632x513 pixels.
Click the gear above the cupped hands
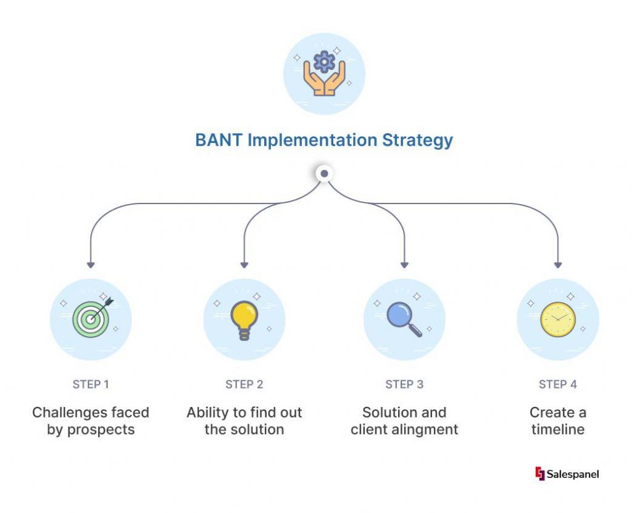tap(324, 62)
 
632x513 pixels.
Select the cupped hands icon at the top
tap(324, 82)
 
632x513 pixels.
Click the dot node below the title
tap(324, 174)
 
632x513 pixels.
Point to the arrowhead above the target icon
tap(91, 265)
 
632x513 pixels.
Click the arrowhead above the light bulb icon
tap(244, 265)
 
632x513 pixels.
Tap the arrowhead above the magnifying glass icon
tap(404, 265)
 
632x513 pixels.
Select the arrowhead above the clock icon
tap(558, 265)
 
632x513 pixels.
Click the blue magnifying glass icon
tap(404, 319)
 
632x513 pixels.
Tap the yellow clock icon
tap(558, 319)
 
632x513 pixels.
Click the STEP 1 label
tap(91, 384)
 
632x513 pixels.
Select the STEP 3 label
tap(404, 384)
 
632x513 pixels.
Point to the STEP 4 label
tap(558, 384)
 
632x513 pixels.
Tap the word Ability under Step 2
tap(209, 412)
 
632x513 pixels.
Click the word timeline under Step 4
tap(558, 429)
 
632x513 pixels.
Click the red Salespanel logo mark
tap(540, 474)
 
